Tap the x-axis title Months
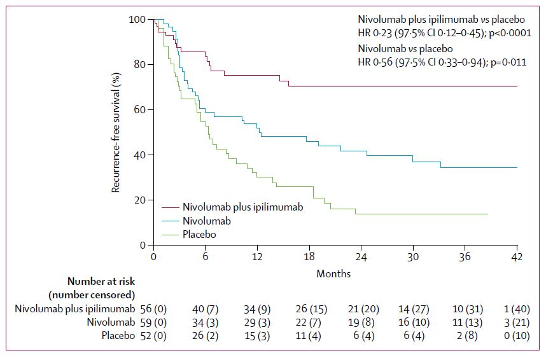click(x=333, y=274)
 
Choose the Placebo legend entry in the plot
click(x=199, y=235)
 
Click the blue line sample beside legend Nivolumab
click(x=170, y=221)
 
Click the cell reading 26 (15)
click(x=309, y=309)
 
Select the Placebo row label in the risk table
click(x=118, y=336)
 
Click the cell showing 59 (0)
click(x=153, y=322)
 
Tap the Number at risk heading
click(x=101, y=280)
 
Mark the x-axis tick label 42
click(x=517, y=257)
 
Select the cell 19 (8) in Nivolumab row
click(x=361, y=322)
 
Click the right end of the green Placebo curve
click(x=487, y=214)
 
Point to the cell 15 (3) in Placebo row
click(x=257, y=336)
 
